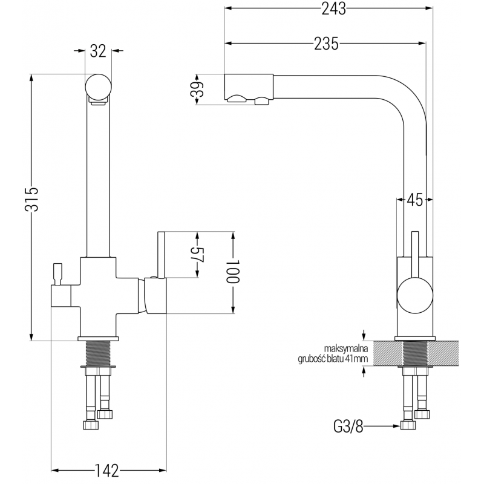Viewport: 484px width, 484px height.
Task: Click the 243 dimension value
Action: (x=329, y=9)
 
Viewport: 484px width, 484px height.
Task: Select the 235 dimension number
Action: (x=326, y=43)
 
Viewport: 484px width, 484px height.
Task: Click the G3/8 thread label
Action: (x=349, y=426)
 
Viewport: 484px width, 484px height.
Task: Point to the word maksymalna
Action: (x=346, y=348)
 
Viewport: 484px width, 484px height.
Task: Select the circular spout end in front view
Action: (x=98, y=86)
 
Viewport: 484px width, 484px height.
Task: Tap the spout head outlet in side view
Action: (x=248, y=89)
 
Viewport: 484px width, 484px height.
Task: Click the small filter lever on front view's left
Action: (x=59, y=273)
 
